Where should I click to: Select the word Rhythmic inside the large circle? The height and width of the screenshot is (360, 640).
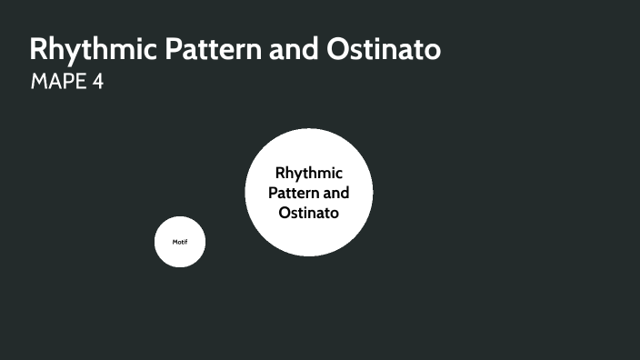309,173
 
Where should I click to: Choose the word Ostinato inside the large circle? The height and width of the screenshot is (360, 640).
309,213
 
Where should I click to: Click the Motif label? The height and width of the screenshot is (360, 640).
180,242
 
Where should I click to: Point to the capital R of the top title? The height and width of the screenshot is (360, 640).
39,49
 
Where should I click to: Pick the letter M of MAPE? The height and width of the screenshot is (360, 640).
39,82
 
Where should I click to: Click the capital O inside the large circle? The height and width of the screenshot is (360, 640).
285,213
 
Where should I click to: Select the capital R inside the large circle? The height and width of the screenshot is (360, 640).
280,173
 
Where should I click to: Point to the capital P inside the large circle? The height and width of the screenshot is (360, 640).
273,193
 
